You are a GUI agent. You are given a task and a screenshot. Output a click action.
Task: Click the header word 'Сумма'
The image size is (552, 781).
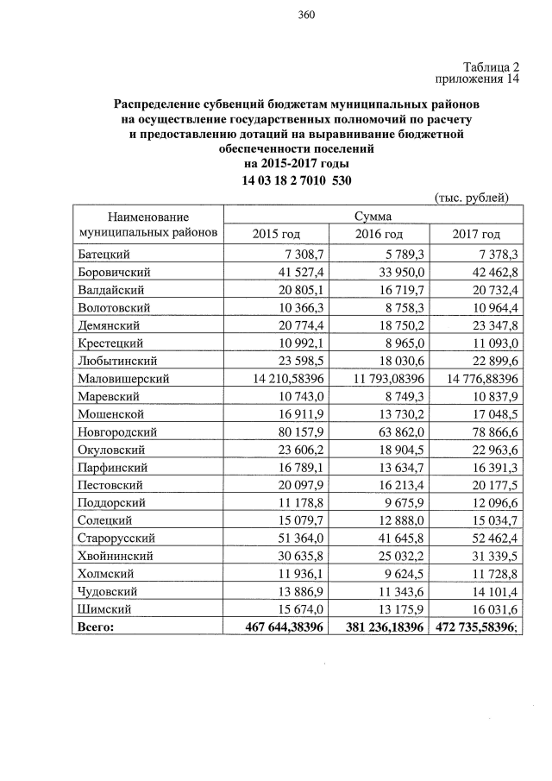tap(373, 216)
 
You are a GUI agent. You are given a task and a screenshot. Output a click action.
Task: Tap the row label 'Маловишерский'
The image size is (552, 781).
tap(122, 378)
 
